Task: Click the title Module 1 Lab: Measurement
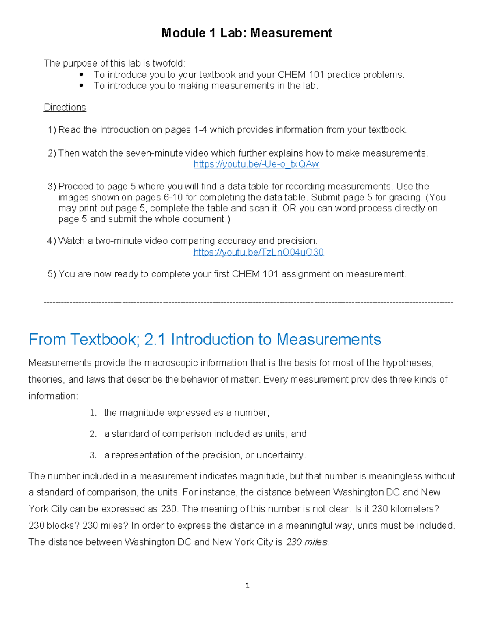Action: pyautogui.click(x=246, y=33)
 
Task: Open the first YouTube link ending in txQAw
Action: pyautogui.click(x=256, y=164)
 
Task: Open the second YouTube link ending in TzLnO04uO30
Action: pyautogui.click(x=258, y=252)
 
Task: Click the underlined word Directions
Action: pyautogui.click(x=65, y=108)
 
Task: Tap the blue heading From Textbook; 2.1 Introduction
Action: pyautogui.click(x=205, y=340)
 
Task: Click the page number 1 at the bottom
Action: pyautogui.click(x=247, y=585)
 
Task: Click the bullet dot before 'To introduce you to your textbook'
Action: pyautogui.click(x=82, y=75)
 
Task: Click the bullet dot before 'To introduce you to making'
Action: pyautogui.click(x=82, y=86)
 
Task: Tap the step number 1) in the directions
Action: pyautogui.click(x=52, y=130)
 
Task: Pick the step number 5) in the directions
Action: pyautogui.click(x=52, y=274)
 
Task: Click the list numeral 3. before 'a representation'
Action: pyautogui.click(x=93, y=455)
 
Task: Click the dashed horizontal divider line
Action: pyautogui.click(x=248, y=303)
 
